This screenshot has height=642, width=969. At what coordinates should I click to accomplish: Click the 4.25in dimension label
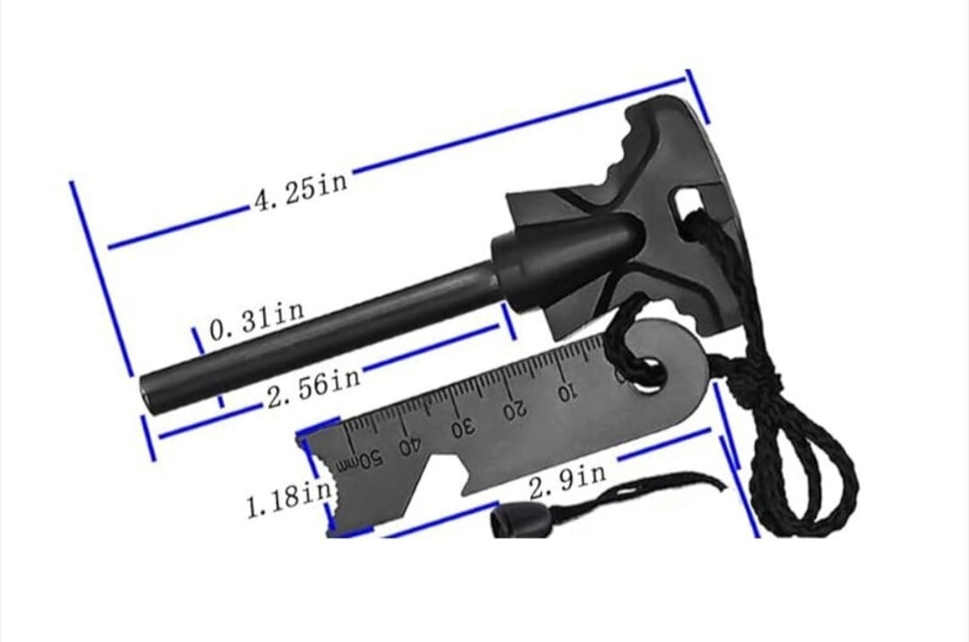pyautogui.click(x=301, y=189)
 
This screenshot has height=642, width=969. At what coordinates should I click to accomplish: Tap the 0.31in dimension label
pyautogui.click(x=257, y=321)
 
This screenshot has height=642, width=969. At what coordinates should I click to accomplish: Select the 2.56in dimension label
pyautogui.click(x=314, y=387)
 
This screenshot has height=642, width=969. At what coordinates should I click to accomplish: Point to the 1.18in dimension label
pyautogui.click(x=289, y=498)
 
